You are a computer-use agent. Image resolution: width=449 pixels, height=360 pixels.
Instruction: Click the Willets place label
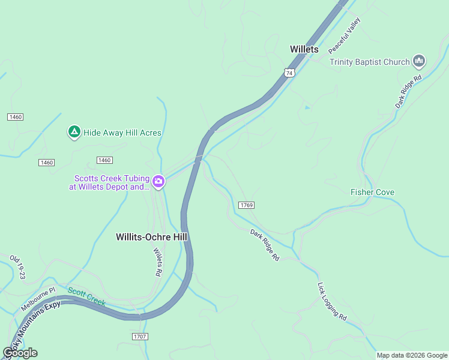(304, 49)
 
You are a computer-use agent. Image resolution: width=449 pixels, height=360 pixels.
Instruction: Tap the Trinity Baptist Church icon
(419, 61)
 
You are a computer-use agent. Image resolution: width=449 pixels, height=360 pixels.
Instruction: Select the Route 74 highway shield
(290, 73)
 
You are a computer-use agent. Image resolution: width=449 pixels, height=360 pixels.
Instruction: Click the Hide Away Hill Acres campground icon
(74, 132)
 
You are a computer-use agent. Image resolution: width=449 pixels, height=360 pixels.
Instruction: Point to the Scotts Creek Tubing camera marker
(158, 181)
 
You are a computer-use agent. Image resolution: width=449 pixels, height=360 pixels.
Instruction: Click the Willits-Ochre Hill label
(151, 237)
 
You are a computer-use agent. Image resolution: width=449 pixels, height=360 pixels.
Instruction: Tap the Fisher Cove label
(372, 193)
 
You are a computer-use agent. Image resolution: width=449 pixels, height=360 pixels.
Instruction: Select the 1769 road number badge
(246, 205)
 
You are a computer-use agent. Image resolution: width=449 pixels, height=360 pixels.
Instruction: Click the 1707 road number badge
(140, 337)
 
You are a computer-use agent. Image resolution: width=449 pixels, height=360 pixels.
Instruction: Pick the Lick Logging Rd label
(332, 301)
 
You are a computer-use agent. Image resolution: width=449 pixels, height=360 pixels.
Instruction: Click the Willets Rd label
(158, 262)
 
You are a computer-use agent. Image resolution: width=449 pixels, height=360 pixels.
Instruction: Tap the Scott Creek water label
(86, 296)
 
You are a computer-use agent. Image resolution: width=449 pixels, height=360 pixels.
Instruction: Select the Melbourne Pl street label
(38, 298)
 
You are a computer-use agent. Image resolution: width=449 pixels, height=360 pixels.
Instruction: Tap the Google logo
(20, 353)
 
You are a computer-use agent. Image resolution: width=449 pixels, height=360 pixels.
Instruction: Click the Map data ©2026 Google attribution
(412, 355)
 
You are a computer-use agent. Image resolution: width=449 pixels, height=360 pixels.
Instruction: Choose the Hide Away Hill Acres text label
(122, 133)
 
